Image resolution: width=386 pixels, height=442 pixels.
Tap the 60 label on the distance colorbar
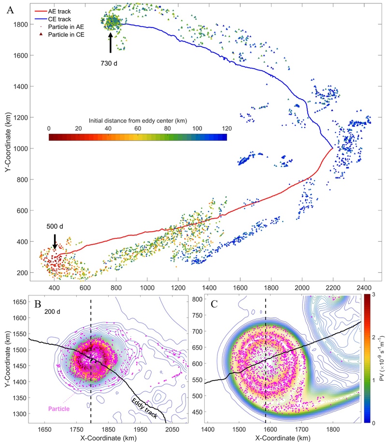[x=138, y=129]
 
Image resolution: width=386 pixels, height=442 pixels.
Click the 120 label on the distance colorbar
[x=227, y=129]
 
